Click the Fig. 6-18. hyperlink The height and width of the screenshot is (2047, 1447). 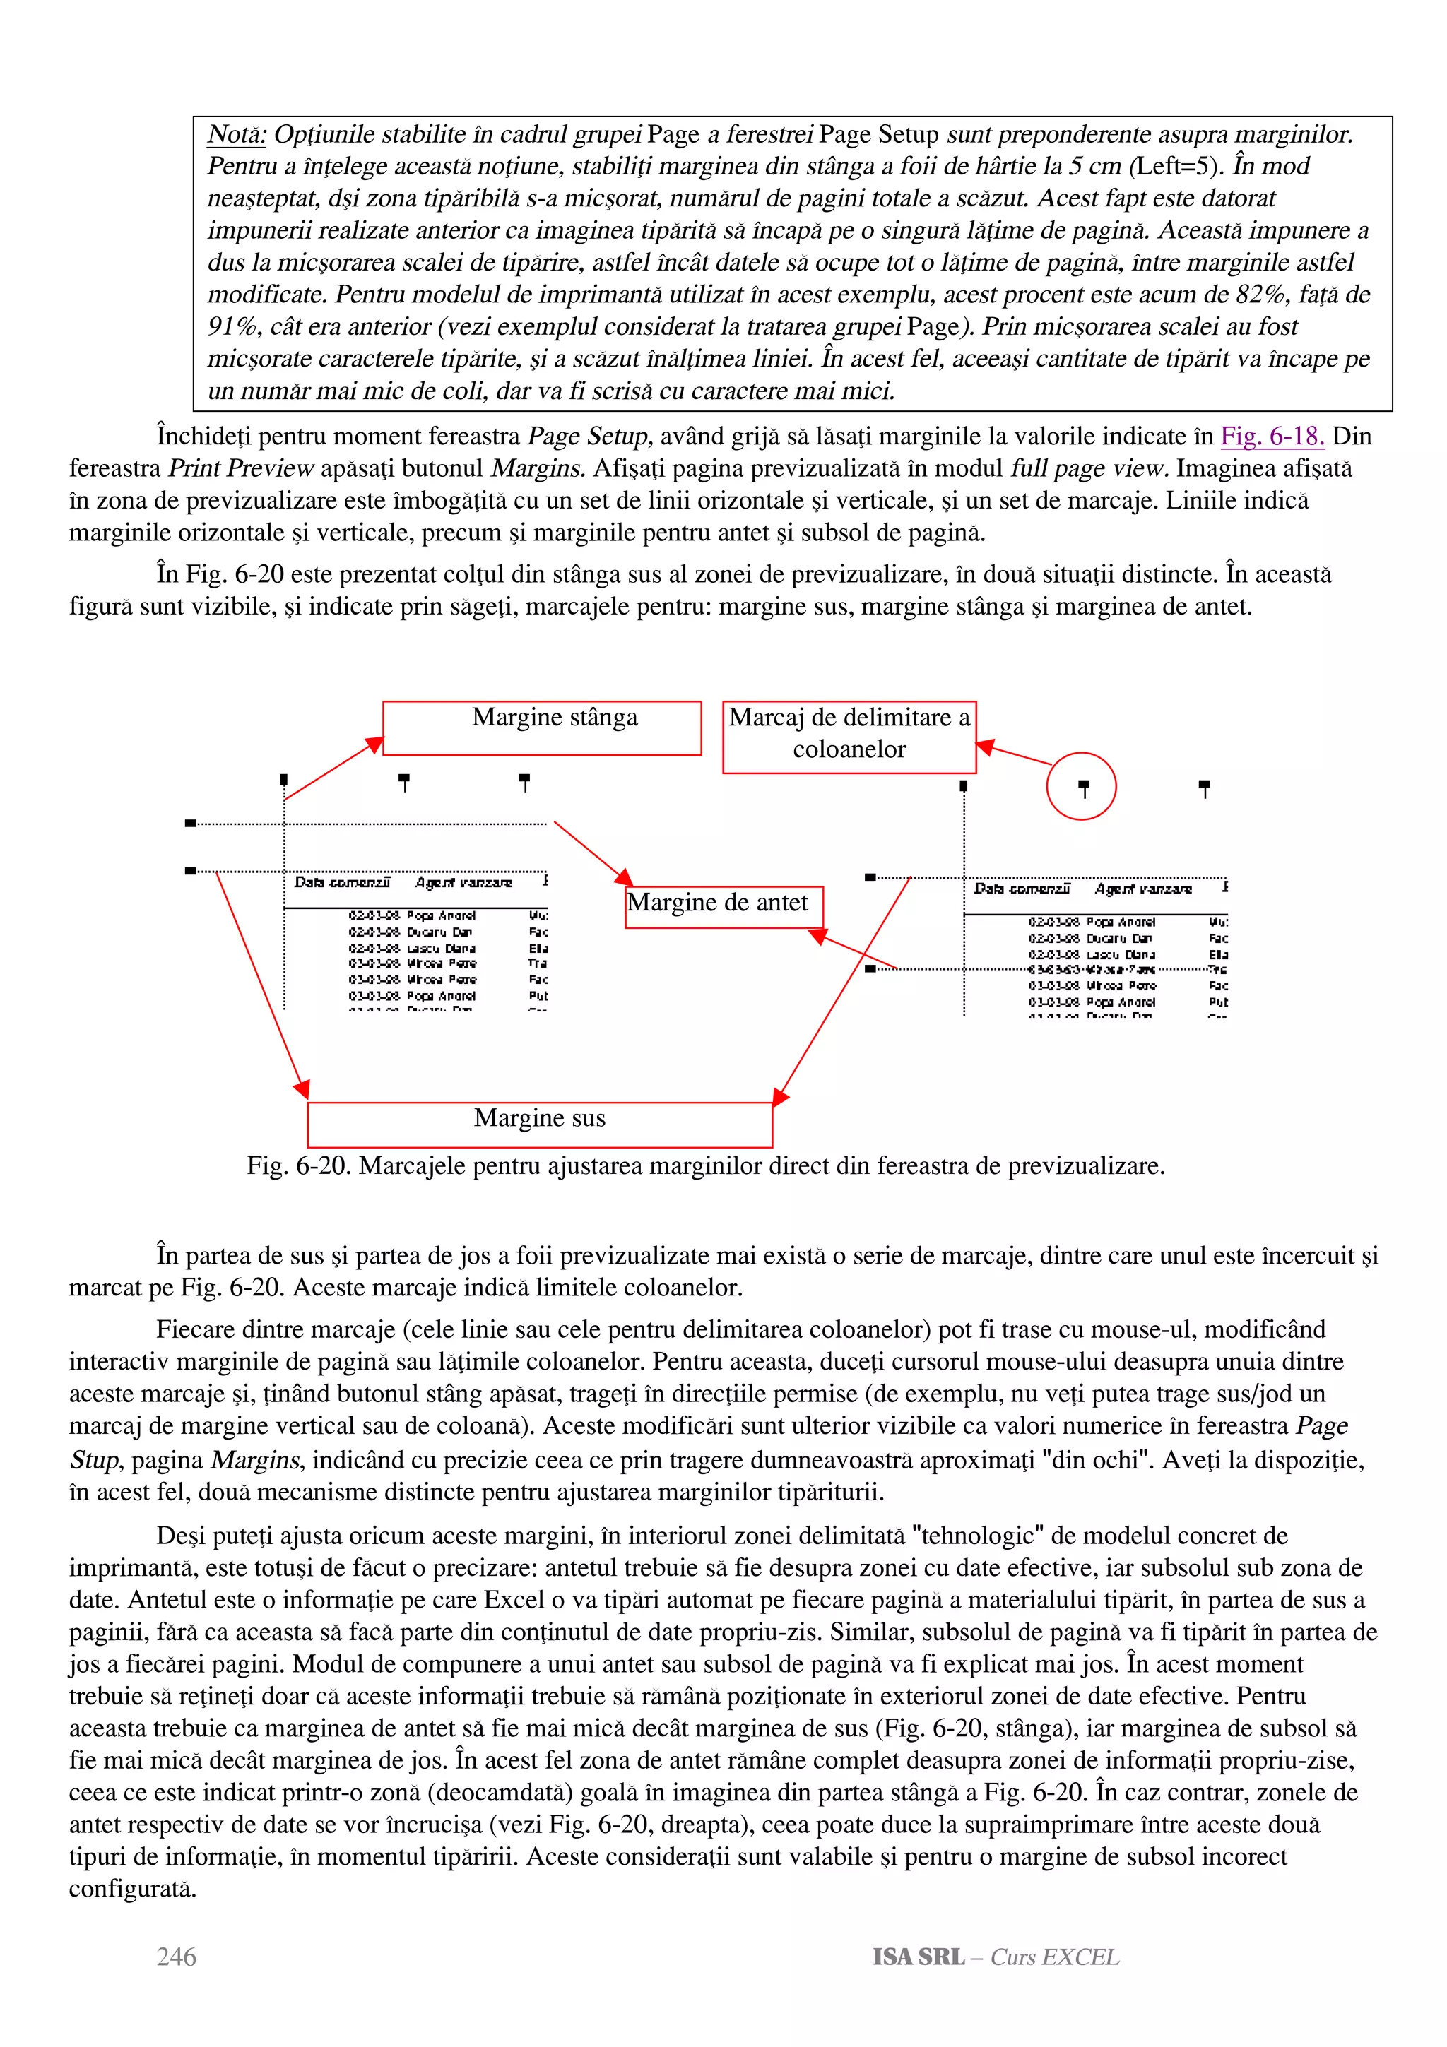pos(1271,436)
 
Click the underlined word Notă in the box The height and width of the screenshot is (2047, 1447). pos(236,135)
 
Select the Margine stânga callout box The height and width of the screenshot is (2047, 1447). pos(542,728)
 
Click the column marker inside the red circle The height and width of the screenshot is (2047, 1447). pos(1083,788)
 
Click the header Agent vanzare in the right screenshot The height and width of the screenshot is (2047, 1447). pos(1143,889)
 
